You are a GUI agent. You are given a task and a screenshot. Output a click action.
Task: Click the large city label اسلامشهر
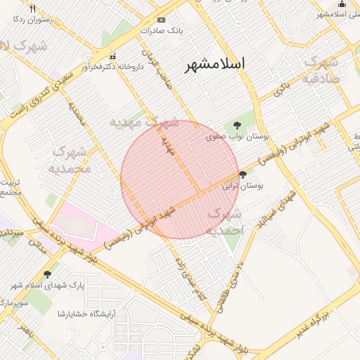216,65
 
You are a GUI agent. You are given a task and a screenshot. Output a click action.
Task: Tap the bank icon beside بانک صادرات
162,20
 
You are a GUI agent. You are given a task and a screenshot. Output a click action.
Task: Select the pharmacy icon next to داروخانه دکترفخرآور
112,56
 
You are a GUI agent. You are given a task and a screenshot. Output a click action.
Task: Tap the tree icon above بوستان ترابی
243,174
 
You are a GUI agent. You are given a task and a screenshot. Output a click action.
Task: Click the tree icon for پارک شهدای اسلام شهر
47,274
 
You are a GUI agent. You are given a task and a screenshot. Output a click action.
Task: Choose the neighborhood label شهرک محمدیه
70,160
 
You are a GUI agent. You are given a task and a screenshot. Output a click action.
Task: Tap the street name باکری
281,89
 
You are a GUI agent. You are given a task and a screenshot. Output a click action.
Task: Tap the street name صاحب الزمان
154,64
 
